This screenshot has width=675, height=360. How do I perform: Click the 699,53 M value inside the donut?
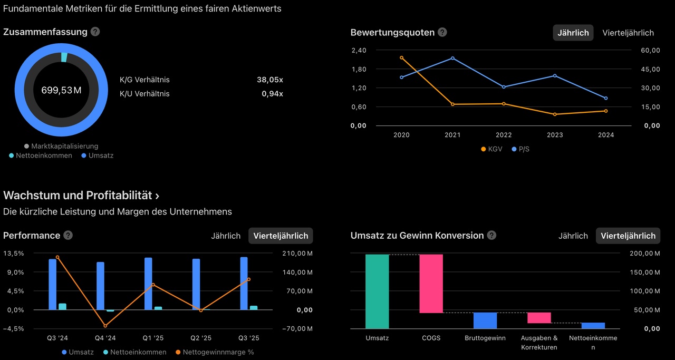(61, 90)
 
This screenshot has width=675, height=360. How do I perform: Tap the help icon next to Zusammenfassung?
(95, 32)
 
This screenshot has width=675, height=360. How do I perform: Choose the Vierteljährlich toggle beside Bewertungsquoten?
(628, 33)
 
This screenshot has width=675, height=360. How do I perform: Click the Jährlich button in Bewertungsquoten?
(573, 33)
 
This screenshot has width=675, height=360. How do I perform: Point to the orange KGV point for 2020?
(401, 57)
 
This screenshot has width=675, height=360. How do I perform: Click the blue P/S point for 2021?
(452, 58)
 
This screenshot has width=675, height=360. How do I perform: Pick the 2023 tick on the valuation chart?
(555, 135)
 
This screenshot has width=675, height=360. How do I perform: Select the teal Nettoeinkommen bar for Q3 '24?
(63, 306)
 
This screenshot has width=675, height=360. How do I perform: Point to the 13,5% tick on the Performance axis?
(14, 254)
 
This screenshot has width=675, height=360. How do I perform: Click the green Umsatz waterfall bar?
(377, 291)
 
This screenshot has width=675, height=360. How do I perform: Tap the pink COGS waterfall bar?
(431, 284)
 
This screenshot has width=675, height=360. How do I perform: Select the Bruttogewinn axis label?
(485, 338)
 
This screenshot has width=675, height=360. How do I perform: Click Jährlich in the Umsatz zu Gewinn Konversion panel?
(573, 236)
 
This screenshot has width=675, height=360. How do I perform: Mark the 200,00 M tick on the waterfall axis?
(645, 254)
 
